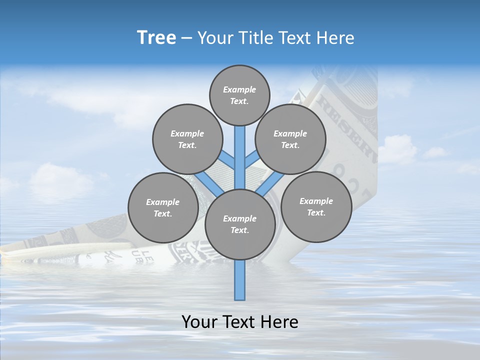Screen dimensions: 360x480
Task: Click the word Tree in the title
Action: tap(156, 38)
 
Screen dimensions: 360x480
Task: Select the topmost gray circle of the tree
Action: tap(239, 95)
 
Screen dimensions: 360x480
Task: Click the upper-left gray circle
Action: tap(187, 139)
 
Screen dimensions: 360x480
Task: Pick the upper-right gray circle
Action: tap(290, 139)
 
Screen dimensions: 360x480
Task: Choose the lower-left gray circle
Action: tap(163, 207)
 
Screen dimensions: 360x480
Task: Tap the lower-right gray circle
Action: tap(316, 206)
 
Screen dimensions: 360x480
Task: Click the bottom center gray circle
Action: tap(240, 224)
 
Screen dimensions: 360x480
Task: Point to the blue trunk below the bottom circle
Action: tap(240, 280)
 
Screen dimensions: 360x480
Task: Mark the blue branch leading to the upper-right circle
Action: tap(252, 160)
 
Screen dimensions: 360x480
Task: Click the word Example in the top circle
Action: tap(239, 89)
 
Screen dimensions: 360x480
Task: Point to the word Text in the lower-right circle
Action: tap(316, 212)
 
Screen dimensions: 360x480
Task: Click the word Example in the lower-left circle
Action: tap(163, 202)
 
